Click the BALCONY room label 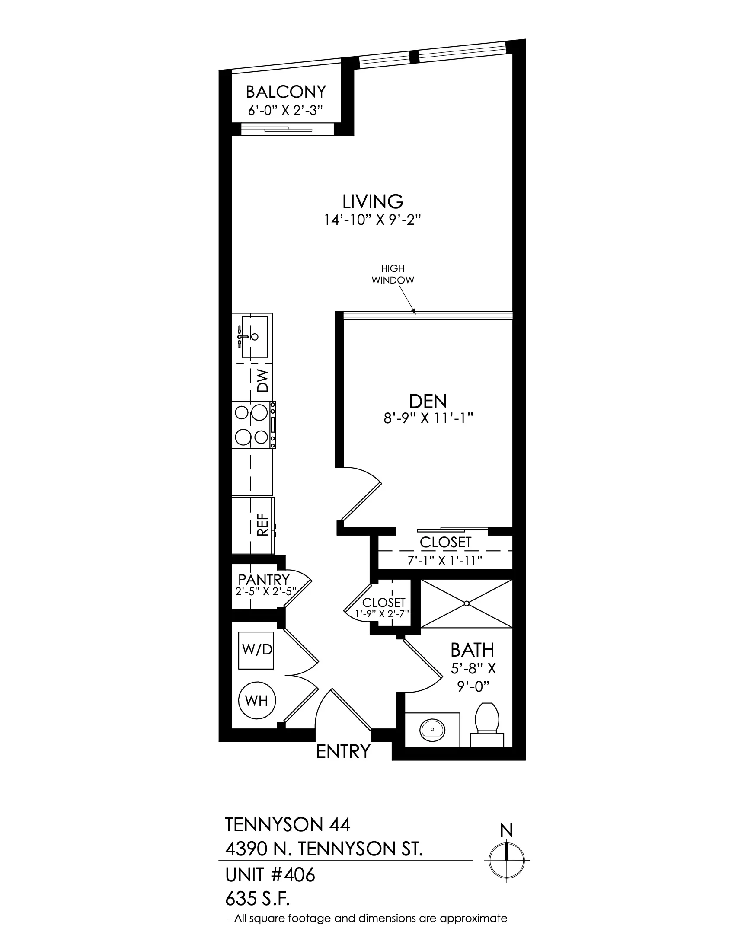coord(286,92)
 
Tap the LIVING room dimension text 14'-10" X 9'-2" coord(372,220)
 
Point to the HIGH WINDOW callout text coord(392,274)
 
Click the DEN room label coord(428,401)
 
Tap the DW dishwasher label coord(262,380)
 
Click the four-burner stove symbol coord(254,424)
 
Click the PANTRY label coord(264,580)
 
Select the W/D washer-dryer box coord(256,650)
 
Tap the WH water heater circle coord(257,701)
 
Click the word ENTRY coord(343,752)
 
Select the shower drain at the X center coord(467,603)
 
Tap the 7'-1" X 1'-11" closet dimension coord(444,560)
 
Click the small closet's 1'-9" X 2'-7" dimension coord(382,614)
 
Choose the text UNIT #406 coord(270,875)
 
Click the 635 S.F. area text coord(258,898)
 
